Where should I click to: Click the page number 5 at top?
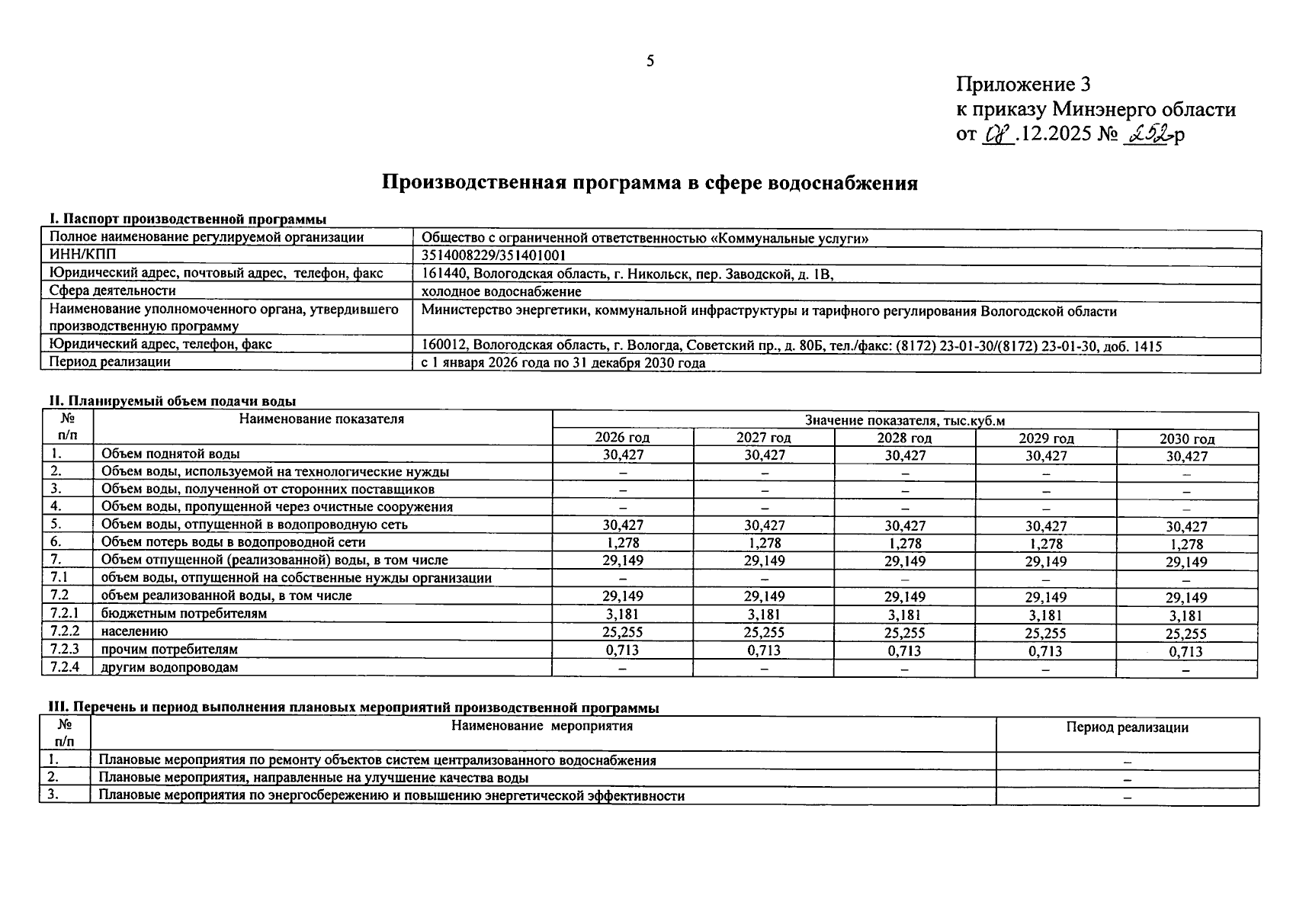click(650, 62)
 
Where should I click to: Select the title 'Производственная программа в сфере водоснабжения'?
click(650, 183)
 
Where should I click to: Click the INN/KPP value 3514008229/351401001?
click(493, 255)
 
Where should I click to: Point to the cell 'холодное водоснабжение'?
click(501, 291)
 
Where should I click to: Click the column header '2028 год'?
click(904, 438)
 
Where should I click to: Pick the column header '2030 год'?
click(1186, 438)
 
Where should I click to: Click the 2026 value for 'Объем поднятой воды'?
click(623, 455)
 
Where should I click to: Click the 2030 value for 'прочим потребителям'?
click(1186, 651)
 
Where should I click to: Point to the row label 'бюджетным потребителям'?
click(184, 614)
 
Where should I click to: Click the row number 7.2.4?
click(66, 667)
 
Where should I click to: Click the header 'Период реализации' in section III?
click(1127, 727)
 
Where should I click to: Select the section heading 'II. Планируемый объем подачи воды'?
click(172, 401)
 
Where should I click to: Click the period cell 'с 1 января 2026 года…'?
click(563, 364)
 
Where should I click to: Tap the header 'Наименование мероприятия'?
click(542, 726)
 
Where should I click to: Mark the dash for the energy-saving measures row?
click(1127, 797)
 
